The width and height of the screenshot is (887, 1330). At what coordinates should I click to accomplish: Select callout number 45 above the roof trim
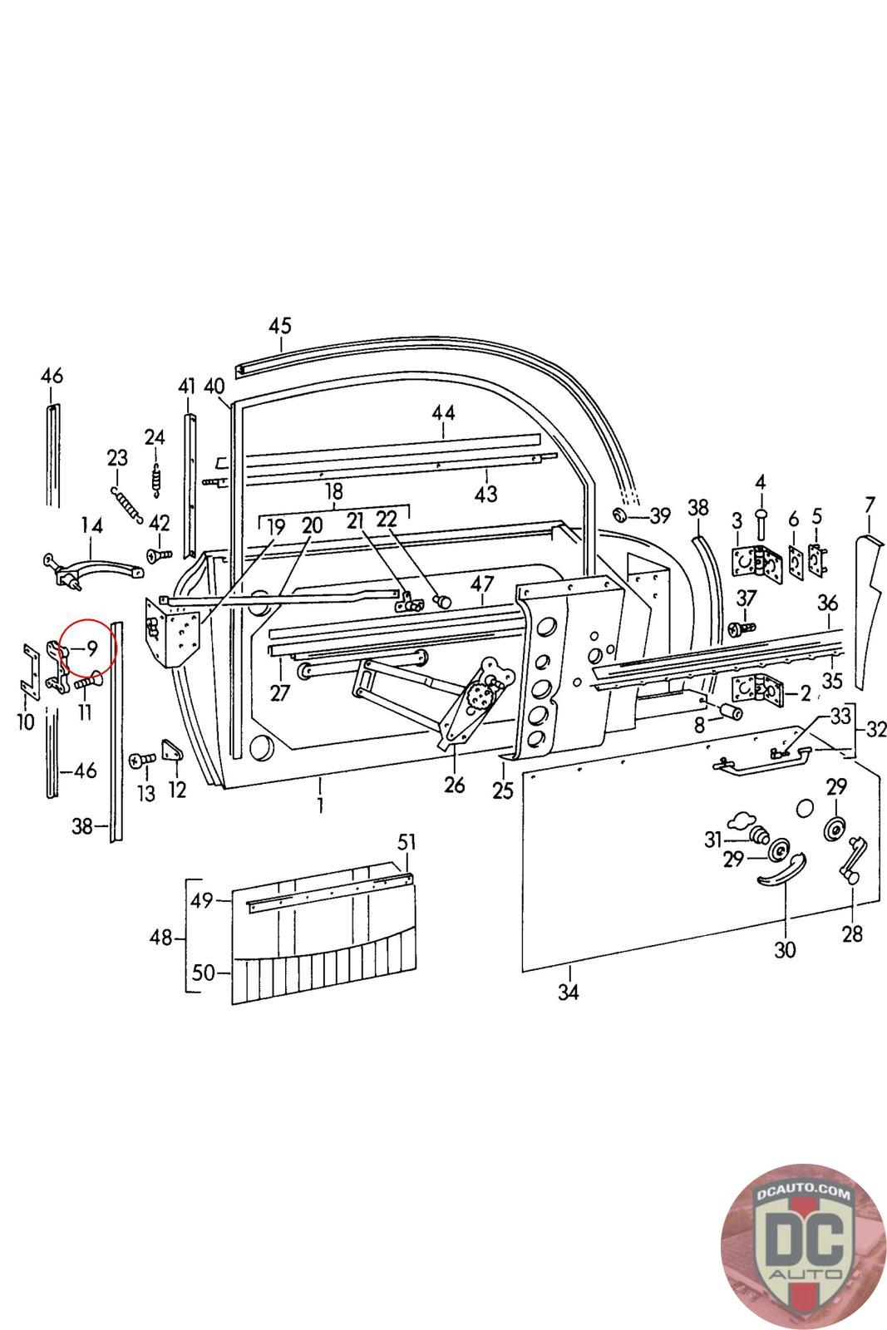tap(281, 325)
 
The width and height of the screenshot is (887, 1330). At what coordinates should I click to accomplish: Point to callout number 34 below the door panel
tap(568, 992)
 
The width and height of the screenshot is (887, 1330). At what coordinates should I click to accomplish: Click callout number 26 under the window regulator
tap(455, 784)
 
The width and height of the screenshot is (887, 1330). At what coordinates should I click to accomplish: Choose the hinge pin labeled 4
tap(760, 524)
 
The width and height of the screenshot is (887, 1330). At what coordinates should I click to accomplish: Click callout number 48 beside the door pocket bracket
tap(161, 938)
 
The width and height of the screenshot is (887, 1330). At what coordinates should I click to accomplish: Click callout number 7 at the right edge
tap(870, 504)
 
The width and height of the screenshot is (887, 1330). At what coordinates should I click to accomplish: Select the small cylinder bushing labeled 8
tap(729, 712)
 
